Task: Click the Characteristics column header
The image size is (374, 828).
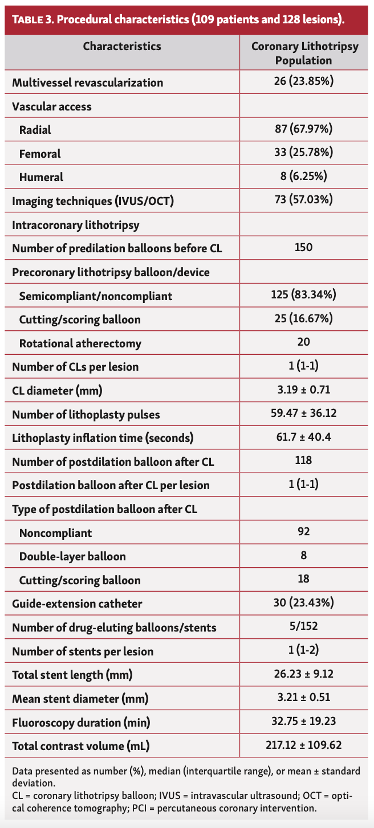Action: click(x=122, y=46)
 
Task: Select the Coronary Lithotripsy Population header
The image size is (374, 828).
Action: click(x=304, y=53)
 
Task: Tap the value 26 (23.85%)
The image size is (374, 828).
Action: click(x=303, y=81)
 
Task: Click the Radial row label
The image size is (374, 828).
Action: click(x=35, y=130)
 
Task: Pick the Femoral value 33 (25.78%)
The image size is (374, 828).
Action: click(x=303, y=153)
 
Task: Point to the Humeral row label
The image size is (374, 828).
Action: click(x=41, y=177)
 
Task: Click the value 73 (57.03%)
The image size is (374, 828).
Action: click(x=303, y=200)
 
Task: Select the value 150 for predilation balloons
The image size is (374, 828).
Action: click(x=303, y=248)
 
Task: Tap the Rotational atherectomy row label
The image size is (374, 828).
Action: click(x=80, y=343)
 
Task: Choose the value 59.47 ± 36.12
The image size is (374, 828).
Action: click(x=303, y=413)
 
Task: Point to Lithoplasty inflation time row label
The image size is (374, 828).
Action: click(x=103, y=438)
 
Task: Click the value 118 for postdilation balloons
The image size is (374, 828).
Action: click(x=303, y=461)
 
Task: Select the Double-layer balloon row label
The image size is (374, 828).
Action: click(x=72, y=556)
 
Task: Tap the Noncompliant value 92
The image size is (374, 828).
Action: click(x=303, y=532)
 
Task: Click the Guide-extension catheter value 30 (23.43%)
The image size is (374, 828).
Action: click(x=303, y=602)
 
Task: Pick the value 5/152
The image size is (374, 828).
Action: click(x=303, y=627)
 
